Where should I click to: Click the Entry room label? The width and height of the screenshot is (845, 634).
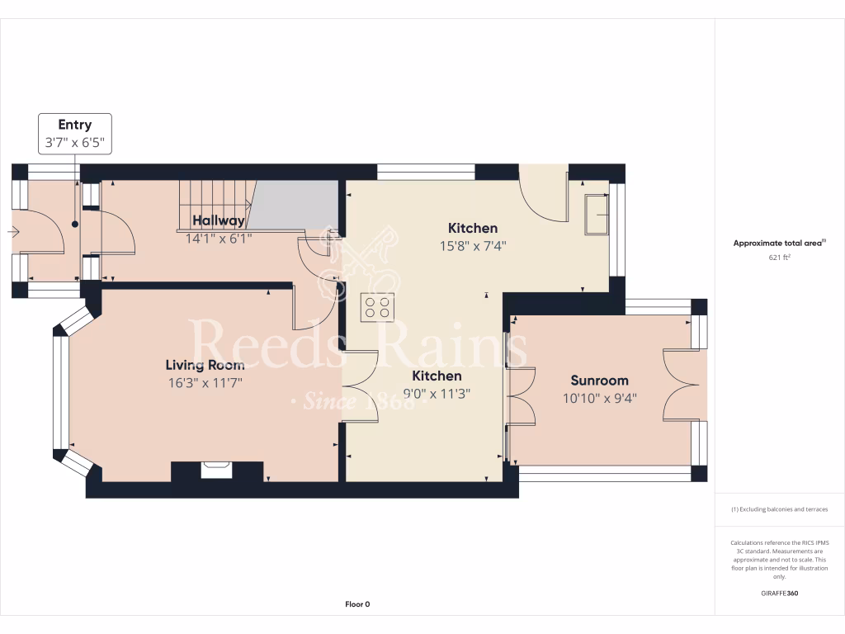click(74, 125)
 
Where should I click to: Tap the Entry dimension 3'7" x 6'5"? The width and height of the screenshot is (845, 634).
click(74, 142)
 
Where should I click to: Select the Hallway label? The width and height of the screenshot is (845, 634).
click(219, 220)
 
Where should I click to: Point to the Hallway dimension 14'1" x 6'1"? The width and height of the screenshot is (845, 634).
click(219, 238)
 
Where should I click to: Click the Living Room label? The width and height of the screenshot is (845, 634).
click(205, 365)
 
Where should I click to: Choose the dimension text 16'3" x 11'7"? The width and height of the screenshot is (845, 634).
click(205, 382)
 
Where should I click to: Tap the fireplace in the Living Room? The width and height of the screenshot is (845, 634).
click(218, 470)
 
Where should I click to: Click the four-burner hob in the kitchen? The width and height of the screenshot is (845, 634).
click(378, 308)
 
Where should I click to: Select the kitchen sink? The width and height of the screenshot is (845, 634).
click(596, 214)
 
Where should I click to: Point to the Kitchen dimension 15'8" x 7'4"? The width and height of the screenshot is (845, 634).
click(473, 245)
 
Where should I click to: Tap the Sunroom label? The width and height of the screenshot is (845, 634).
click(599, 381)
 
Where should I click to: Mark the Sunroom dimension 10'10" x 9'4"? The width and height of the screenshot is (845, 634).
click(599, 398)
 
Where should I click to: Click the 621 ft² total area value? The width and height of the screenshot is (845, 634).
click(779, 258)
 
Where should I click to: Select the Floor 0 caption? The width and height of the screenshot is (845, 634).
click(357, 604)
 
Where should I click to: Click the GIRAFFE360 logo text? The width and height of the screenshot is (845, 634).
click(779, 593)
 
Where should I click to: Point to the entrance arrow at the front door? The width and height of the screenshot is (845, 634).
click(12, 232)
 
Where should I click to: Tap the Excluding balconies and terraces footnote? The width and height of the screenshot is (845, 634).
click(779, 509)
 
